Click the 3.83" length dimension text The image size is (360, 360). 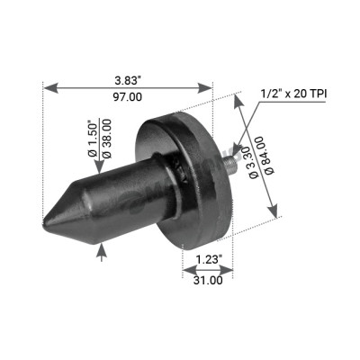click(128, 78)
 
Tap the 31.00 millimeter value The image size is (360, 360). click(207, 280)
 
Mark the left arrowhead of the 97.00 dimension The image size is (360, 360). click(48, 87)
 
